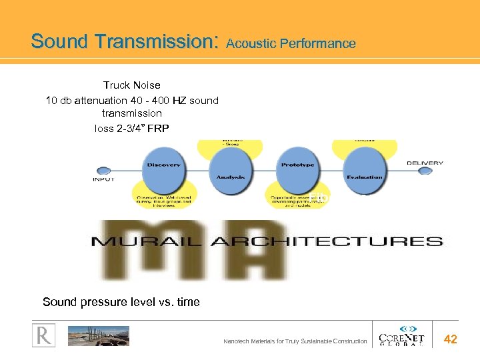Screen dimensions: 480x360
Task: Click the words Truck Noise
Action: point(131,85)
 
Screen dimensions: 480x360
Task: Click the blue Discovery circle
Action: point(165,167)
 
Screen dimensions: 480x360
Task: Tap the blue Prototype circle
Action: point(298,167)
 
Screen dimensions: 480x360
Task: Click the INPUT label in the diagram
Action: point(103,179)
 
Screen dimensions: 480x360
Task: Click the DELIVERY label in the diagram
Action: point(425,162)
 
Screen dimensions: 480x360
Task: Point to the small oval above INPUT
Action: point(103,170)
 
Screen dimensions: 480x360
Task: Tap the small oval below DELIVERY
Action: point(425,171)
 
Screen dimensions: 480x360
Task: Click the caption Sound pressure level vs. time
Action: point(121,302)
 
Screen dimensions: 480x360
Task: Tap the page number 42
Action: point(451,339)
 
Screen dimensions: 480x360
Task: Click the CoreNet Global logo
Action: point(401,335)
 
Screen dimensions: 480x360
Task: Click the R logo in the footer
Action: point(43,336)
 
